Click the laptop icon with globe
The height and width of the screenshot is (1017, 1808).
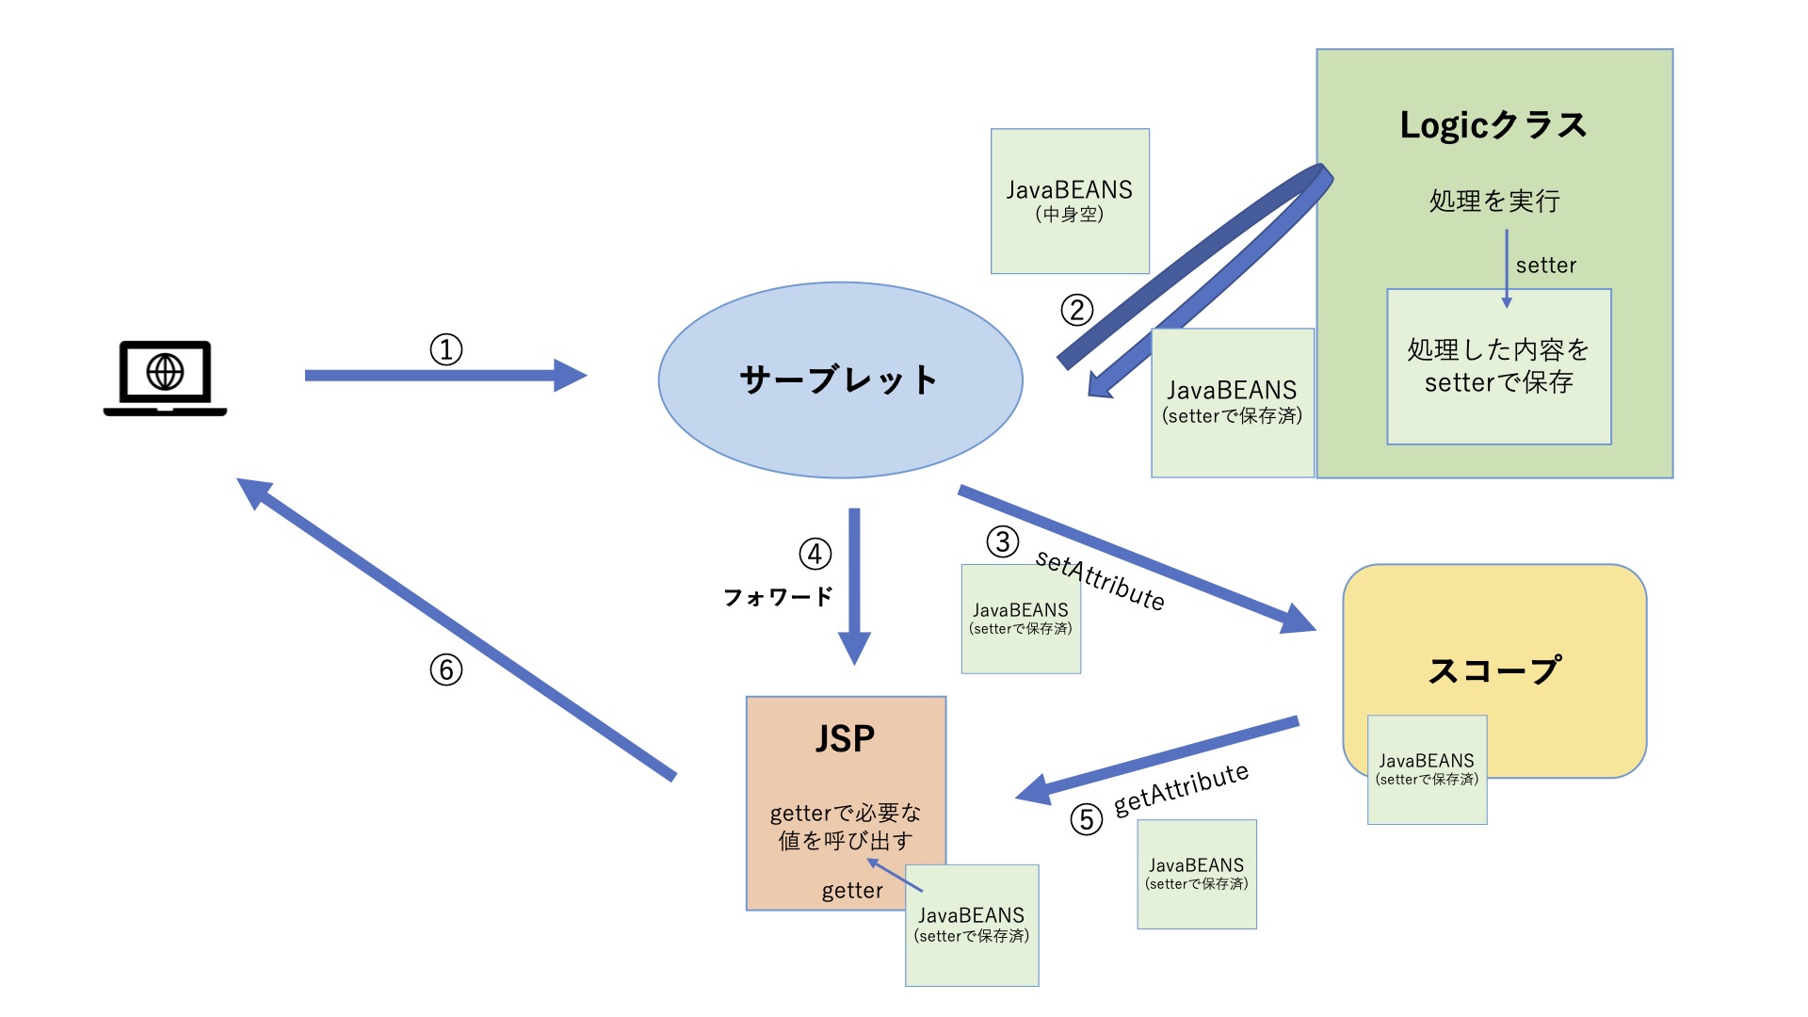[x=165, y=378]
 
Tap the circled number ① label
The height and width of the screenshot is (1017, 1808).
[x=446, y=349]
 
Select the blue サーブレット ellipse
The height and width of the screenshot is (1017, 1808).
[x=839, y=380]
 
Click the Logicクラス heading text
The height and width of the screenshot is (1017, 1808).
[x=1493, y=125]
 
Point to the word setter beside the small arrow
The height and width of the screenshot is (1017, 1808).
[x=1545, y=266]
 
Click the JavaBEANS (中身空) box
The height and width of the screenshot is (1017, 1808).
[x=1070, y=201]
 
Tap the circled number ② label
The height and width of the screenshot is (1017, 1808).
[x=1077, y=310]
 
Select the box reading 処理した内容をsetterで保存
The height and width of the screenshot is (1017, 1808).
[x=1498, y=366]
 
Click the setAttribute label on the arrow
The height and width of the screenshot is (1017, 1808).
[x=1100, y=580]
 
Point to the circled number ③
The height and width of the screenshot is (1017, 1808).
[x=1003, y=541]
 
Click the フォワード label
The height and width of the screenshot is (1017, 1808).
[x=778, y=597]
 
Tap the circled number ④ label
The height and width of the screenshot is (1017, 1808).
[x=815, y=554]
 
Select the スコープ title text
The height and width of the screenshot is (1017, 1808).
[x=1494, y=670]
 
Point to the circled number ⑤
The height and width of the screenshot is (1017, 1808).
[x=1087, y=819]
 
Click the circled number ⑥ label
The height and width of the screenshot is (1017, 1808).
[x=446, y=670]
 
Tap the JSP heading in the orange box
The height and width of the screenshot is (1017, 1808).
[x=845, y=738]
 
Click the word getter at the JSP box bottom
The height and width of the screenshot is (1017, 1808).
[x=852, y=891]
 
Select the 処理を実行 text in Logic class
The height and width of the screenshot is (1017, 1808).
[x=1494, y=201]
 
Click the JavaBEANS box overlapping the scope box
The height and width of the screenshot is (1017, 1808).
[x=1427, y=769]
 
